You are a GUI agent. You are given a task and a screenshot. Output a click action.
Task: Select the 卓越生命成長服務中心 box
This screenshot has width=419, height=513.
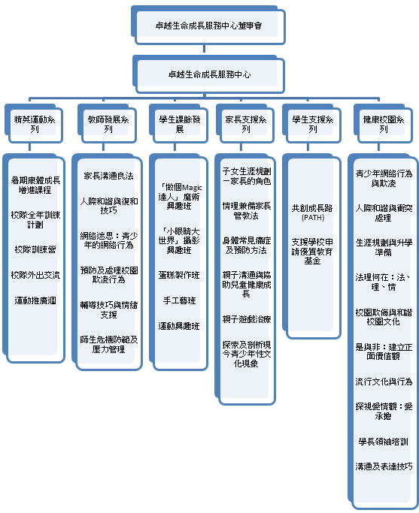(209, 74)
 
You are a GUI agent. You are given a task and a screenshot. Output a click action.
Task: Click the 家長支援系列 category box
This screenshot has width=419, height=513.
(245, 124)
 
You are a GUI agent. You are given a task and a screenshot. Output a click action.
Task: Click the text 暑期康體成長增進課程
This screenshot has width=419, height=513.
(37, 186)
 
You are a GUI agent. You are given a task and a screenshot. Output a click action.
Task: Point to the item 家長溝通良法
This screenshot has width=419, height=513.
(108, 176)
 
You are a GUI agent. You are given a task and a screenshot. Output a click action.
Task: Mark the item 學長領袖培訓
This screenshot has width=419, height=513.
(384, 442)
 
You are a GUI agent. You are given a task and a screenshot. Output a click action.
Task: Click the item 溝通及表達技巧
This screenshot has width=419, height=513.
(384, 466)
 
